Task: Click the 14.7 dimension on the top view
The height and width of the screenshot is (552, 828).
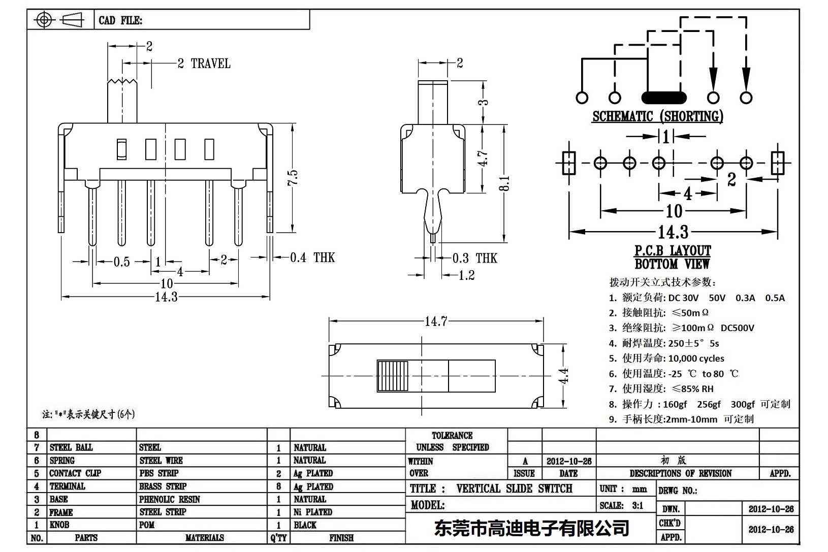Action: [436, 321]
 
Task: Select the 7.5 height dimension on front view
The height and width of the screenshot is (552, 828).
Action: [292, 178]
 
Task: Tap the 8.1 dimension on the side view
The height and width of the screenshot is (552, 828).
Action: [504, 183]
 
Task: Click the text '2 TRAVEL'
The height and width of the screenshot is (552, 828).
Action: [204, 63]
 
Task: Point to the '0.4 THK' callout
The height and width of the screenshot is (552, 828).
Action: [312, 257]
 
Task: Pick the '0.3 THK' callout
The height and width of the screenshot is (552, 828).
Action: [474, 258]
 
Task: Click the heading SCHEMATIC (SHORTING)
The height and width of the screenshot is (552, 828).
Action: [657, 116]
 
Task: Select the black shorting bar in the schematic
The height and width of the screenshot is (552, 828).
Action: [663, 98]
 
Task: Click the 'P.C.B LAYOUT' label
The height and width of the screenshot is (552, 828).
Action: [673, 251]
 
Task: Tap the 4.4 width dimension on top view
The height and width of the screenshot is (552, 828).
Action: [564, 376]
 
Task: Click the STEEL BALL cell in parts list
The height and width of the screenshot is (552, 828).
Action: [71, 447]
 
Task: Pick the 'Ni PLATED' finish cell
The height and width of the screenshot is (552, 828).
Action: [313, 512]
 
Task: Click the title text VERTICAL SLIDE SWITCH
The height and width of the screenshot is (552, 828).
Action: [514, 489]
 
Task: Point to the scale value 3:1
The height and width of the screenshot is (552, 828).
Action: [637, 505]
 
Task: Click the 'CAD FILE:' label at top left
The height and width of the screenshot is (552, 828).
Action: [120, 20]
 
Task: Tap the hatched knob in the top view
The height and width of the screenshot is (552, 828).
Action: [393, 376]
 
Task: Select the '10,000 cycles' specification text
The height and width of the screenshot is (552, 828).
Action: [696, 358]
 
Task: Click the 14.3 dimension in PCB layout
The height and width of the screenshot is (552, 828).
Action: [673, 232]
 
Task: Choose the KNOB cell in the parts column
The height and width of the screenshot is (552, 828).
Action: [59, 525]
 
